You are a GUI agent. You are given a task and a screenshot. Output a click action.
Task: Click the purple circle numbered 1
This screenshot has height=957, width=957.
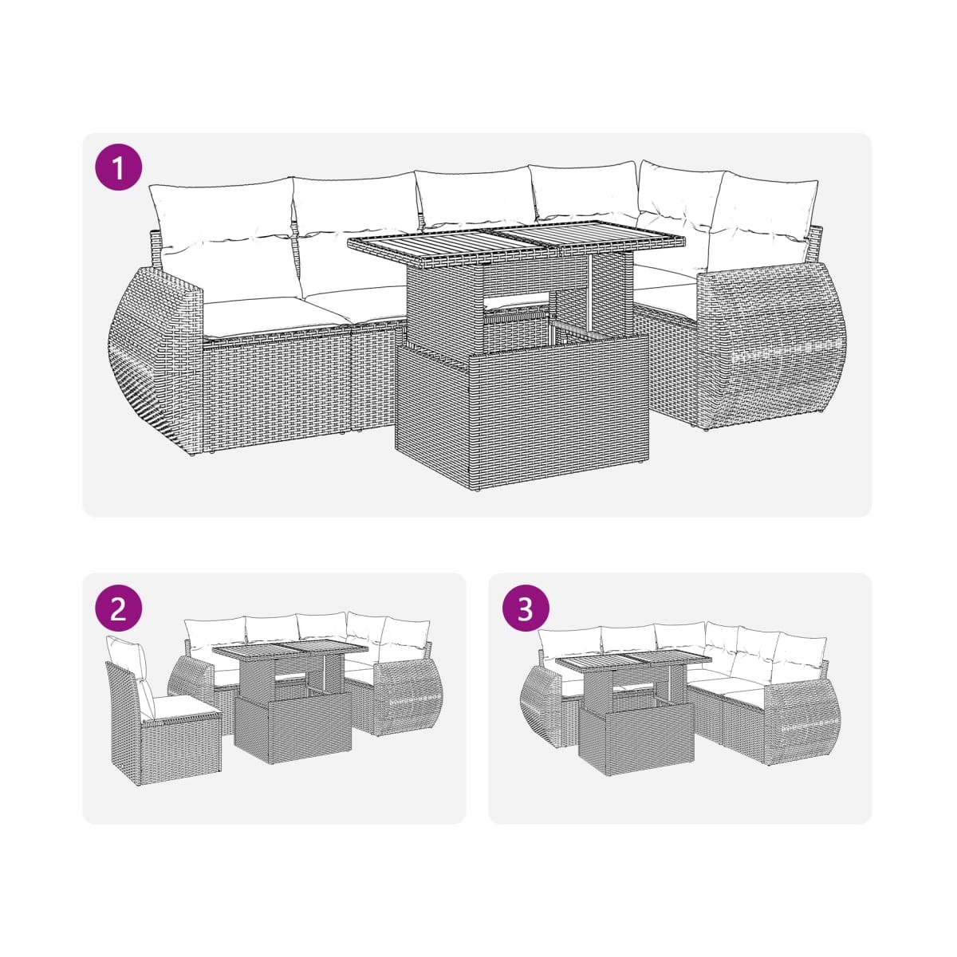(x=119, y=167)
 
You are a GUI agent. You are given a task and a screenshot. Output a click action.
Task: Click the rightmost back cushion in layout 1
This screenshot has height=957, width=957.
(x=762, y=223)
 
